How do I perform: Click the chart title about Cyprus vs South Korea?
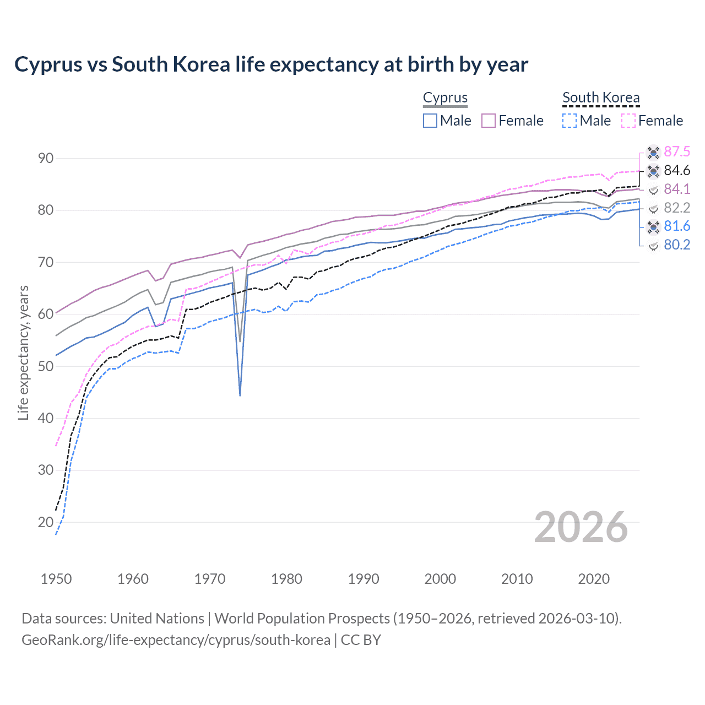pyautogui.click(x=271, y=64)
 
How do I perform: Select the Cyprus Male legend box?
pyautogui.click(x=430, y=121)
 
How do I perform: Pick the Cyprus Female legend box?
pyautogui.click(x=489, y=121)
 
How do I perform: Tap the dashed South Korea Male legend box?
pyautogui.click(x=570, y=121)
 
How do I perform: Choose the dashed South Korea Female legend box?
pyautogui.click(x=628, y=121)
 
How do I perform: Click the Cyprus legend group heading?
pyautogui.click(x=445, y=98)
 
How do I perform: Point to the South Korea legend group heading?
pyautogui.click(x=601, y=98)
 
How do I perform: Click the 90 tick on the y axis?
pyautogui.click(x=46, y=159)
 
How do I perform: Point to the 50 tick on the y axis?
pyautogui.click(x=46, y=366)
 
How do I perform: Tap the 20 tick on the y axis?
pyautogui.click(x=46, y=522)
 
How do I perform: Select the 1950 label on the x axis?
pyautogui.click(x=56, y=579)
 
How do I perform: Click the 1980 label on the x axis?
pyautogui.click(x=286, y=579)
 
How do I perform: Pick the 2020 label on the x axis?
pyautogui.click(x=594, y=579)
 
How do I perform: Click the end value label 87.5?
pyautogui.click(x=676, y=152)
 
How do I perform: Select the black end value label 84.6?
pyautogui.click(x=676, y=171)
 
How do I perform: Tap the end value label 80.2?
pyautogui.click(x=676, y=245)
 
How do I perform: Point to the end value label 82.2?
pyautogui.click(x=676, y=208)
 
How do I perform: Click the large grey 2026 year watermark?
pyautogui.click(x=581, y=528)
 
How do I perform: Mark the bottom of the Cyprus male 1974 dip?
pyautogui.click(x=240, y=395)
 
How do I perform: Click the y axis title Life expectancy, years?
pyautogui.click(x=23, y=352)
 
